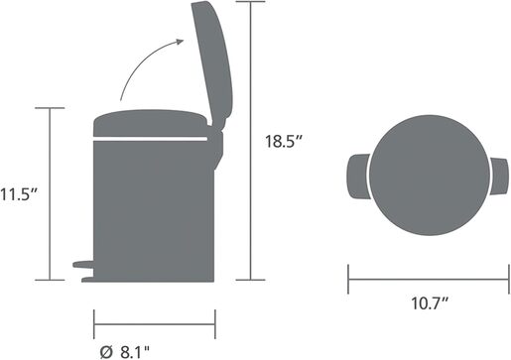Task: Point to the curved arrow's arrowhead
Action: [x=180, y=41]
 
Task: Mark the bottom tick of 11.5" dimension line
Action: [x=49, y=280]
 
